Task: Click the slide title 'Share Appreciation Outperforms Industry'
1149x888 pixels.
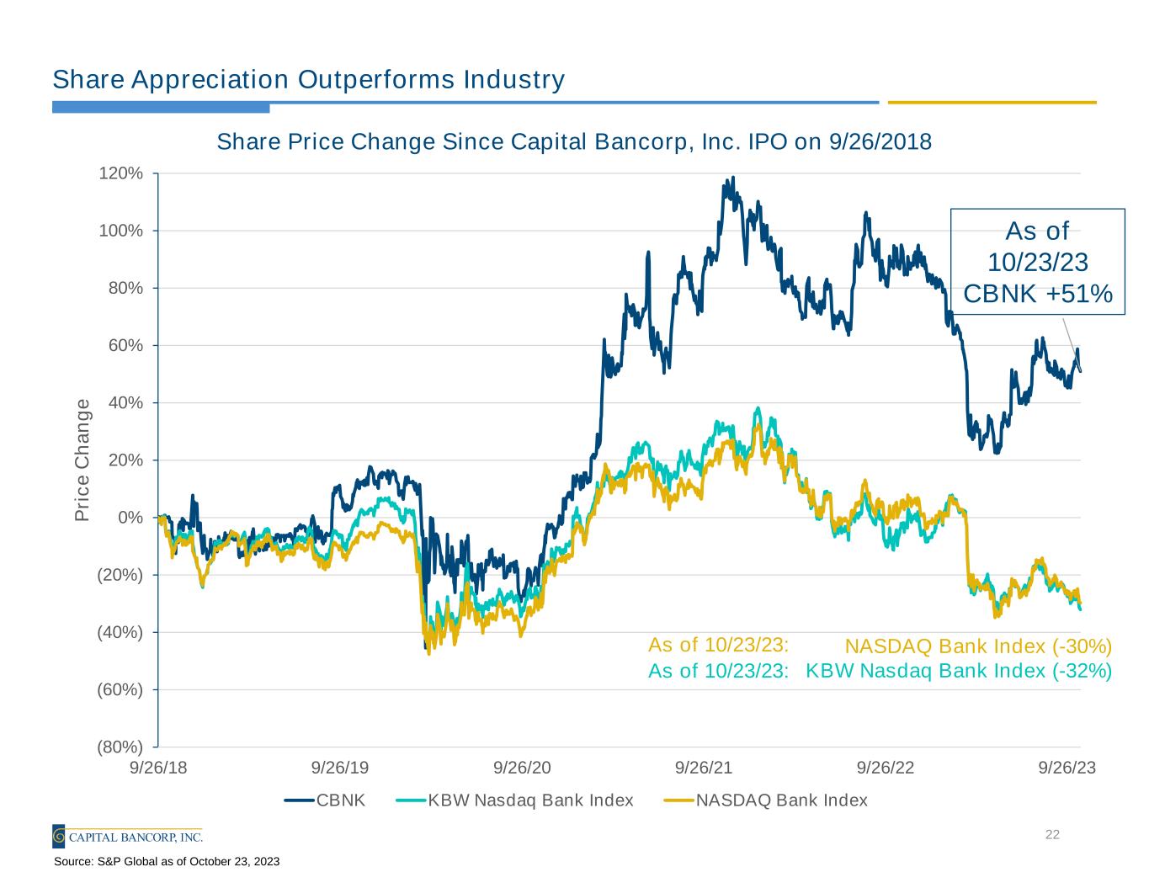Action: tap(308, 80)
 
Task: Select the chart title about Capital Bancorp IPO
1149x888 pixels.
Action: tap(574, 141)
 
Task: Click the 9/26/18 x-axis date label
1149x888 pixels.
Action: tap(158, 768)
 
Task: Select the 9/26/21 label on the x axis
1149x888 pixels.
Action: tap(704, 768)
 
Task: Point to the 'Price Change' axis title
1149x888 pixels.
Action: tap(82, 460)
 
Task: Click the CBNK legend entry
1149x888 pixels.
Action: tap(325, 800)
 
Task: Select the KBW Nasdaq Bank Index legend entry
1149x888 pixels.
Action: tap(514, 800)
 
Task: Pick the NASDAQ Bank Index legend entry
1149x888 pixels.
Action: tap(765, 800)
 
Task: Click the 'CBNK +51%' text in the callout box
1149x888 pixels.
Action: tap(1038, 294)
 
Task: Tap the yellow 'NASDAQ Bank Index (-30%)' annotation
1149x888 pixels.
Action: tap(978, 646)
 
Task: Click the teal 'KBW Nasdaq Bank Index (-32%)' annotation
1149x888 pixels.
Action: tap(959, 671)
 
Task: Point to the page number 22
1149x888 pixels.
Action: tap(1051, 835)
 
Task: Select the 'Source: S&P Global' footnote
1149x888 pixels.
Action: tap(167, 862)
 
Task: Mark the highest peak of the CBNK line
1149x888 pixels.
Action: tap(733, 178)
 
